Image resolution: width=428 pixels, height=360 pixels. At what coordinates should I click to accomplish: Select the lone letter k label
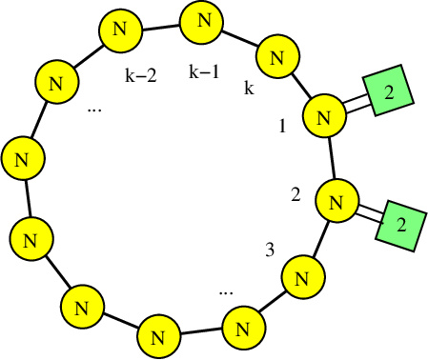(249, 89)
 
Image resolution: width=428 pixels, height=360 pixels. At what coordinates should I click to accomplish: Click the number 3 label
(270, 250)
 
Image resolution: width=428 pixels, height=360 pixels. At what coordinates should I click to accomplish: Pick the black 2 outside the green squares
(296, 195)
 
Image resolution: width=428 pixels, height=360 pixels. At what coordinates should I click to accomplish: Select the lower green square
(400, 225)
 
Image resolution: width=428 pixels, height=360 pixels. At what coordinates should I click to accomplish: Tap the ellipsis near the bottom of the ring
(226, 290)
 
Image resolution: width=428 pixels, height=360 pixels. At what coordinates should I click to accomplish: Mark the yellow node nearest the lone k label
(275, 57)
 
